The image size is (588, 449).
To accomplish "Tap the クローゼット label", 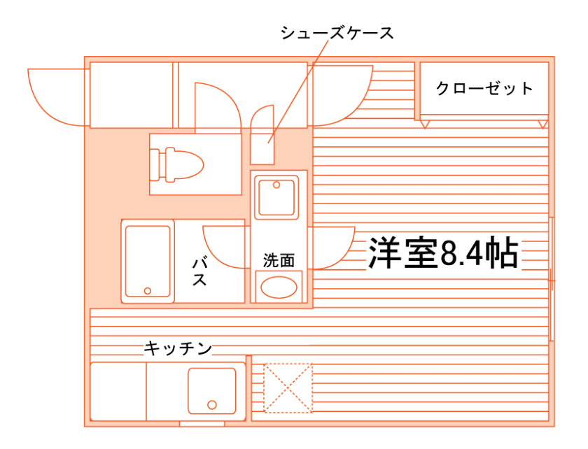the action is (x=484, y=89).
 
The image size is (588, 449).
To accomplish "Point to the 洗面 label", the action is (x=279, y=260).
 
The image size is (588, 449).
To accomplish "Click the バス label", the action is (x=199, y=272).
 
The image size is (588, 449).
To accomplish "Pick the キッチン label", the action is (x=178, y=348).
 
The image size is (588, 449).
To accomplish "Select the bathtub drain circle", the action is (x=148, y=290).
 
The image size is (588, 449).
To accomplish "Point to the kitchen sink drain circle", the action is (x=211, y=404).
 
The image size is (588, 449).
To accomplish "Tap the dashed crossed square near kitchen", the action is (x=287, y=388).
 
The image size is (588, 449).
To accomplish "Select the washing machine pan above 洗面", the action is (x=277, y=196).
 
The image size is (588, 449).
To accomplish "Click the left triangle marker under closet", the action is (x=425, y=124).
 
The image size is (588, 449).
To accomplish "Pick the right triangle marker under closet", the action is (x=542, y=124).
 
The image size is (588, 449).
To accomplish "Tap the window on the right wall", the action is (x=552, y=280).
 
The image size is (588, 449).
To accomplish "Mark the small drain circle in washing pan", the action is (x=277, y=185).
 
